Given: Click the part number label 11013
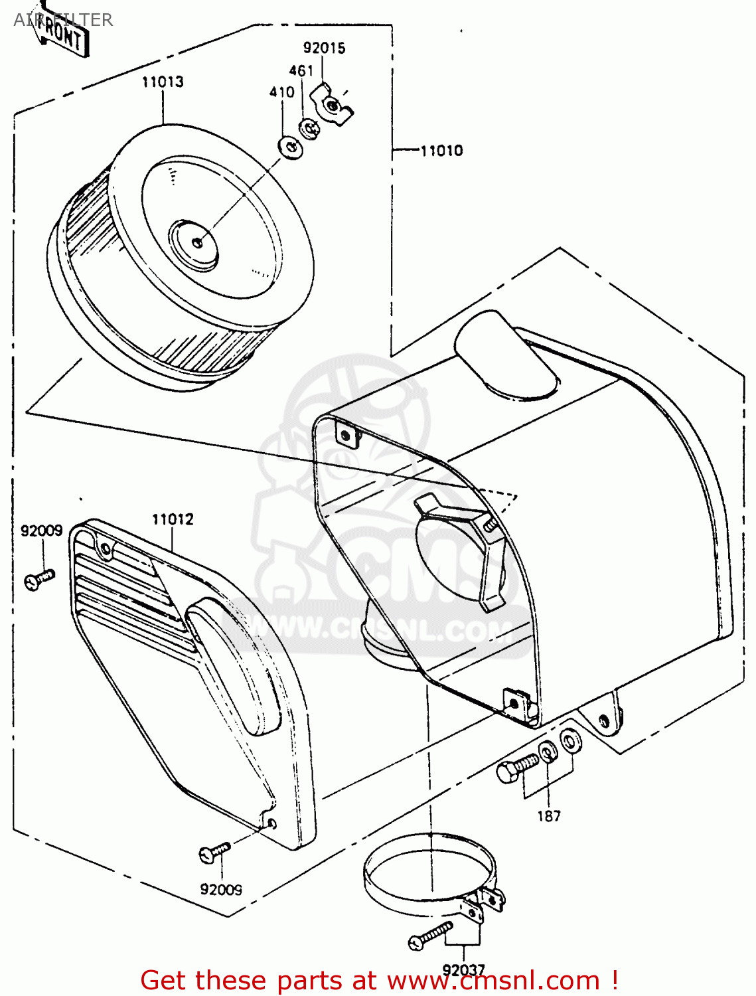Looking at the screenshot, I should click(163, 82).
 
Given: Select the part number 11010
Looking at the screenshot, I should click(441, 151).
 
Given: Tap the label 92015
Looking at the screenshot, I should click(324, 48).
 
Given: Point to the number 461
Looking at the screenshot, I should click(301, 70).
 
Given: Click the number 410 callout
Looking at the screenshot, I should click(281, 92).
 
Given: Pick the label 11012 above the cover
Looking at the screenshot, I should click(173, 519).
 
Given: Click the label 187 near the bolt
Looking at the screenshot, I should click(549, 816).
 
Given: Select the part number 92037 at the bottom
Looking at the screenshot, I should click(464, 970).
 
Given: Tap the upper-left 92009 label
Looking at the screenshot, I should click(41, 531).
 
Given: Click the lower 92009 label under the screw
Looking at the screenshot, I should click(221, 890).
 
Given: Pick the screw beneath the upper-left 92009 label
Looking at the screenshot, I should click(39, 580).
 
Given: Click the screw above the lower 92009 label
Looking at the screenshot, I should click(214, 851).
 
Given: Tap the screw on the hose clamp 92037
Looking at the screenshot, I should click(430, 936).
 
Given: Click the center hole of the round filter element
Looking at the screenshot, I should click(196, 242).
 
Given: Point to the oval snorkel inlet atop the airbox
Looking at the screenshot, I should click(506, 356).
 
